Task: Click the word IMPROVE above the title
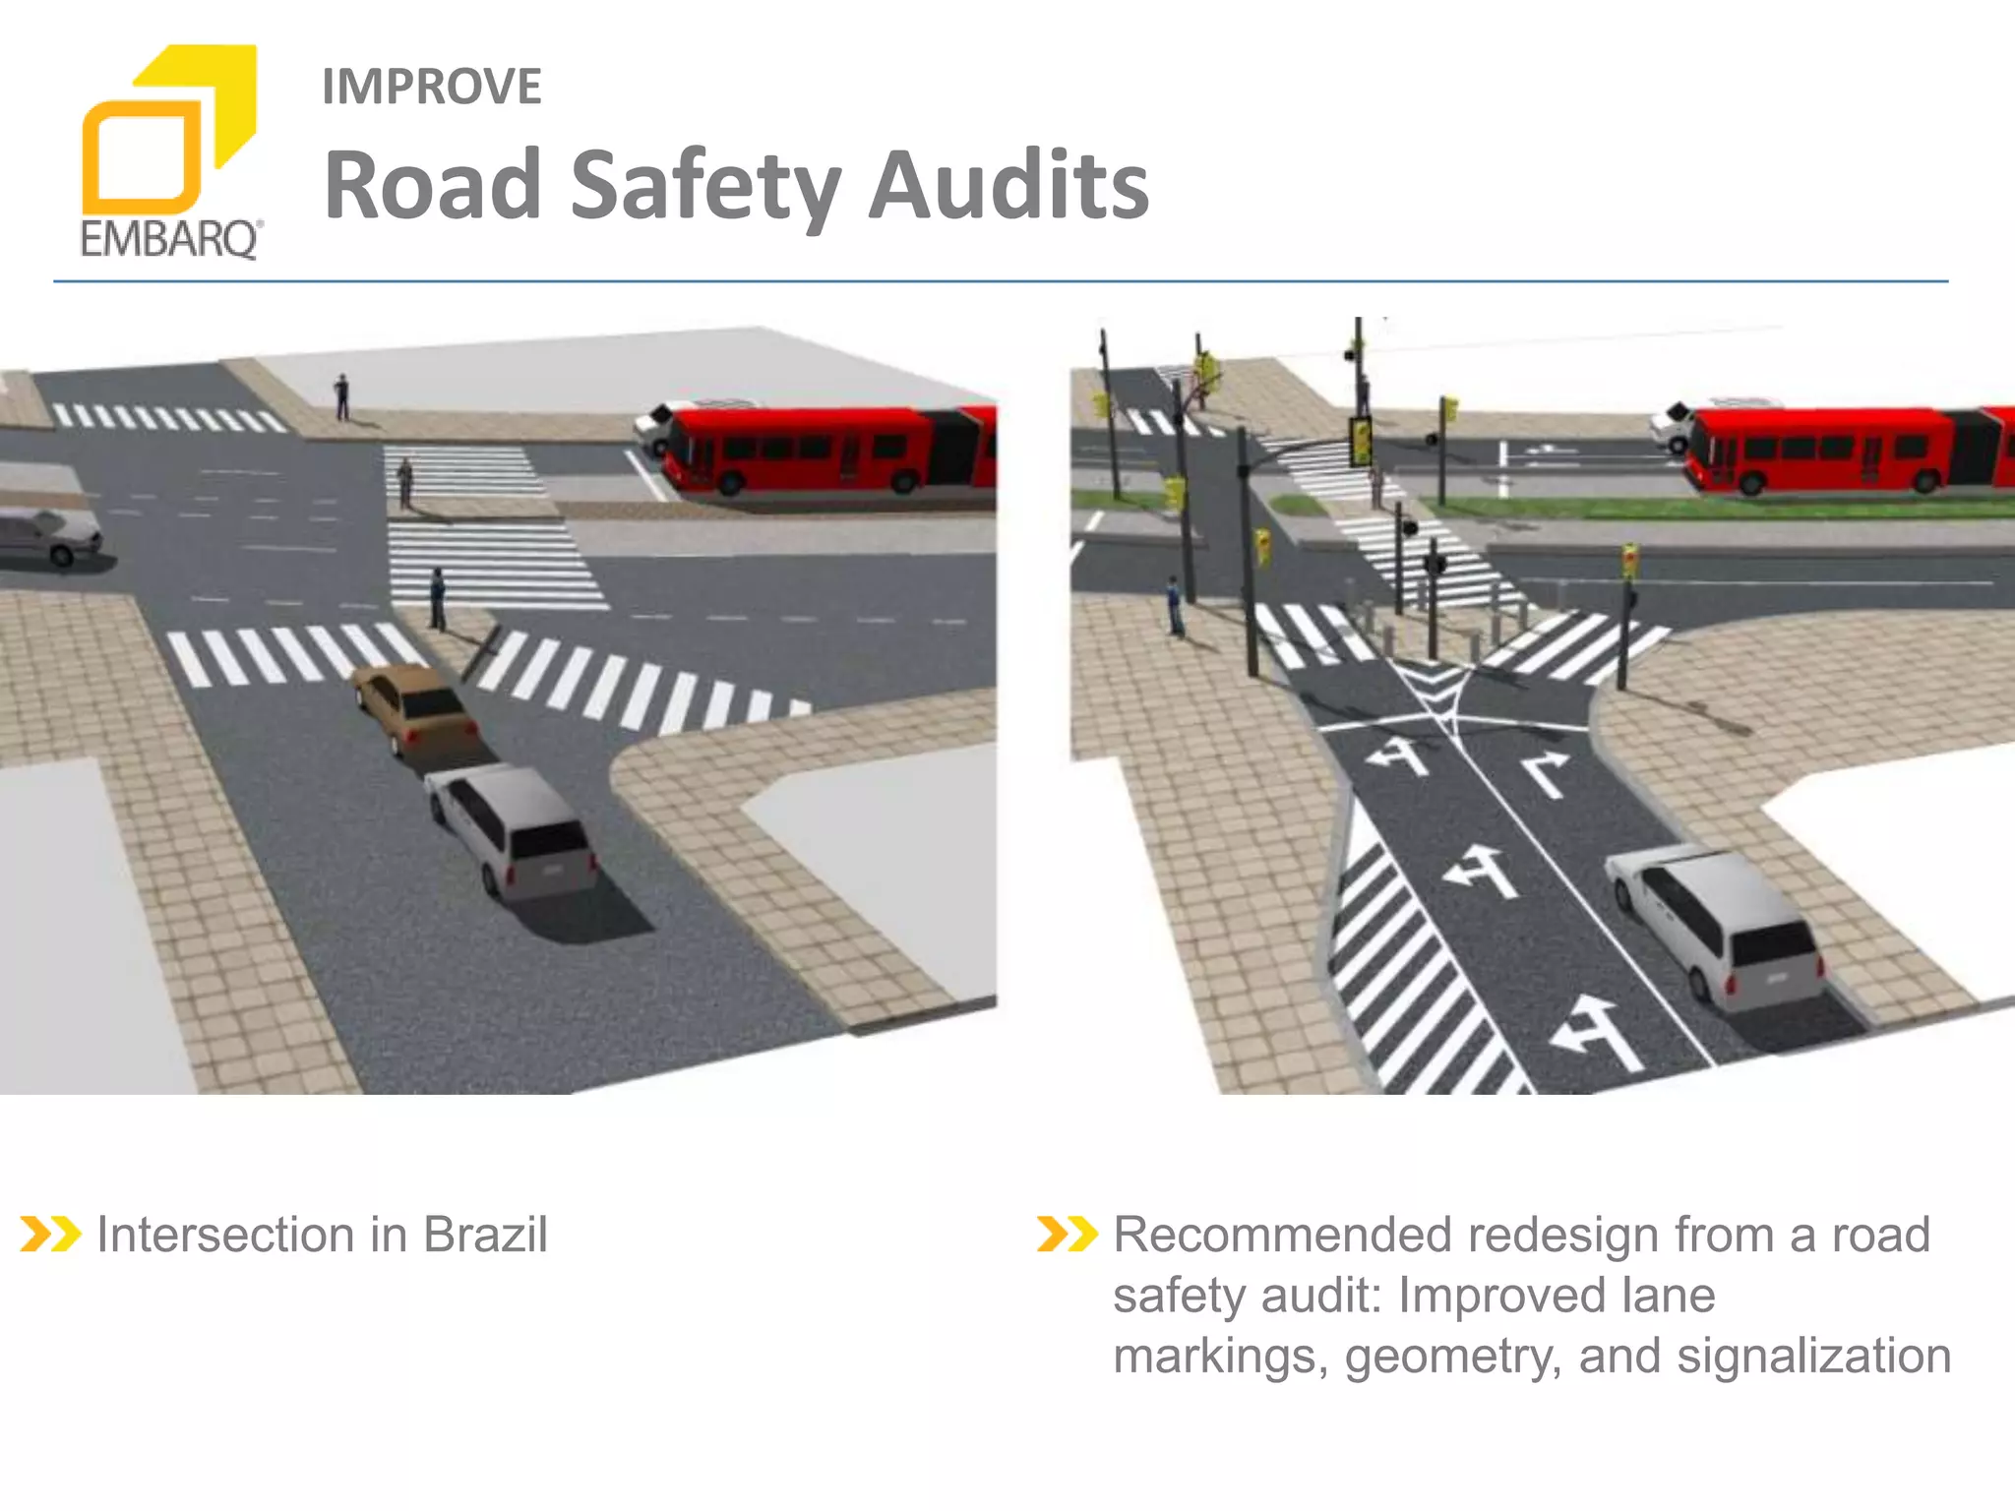click(431, 87)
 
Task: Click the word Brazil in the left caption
click(485, 1235)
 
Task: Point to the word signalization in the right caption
click(1813, 1356)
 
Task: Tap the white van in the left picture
click(512, 828)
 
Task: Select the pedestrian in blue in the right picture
click(1174, 604)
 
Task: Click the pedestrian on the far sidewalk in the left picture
click(341, 396)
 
